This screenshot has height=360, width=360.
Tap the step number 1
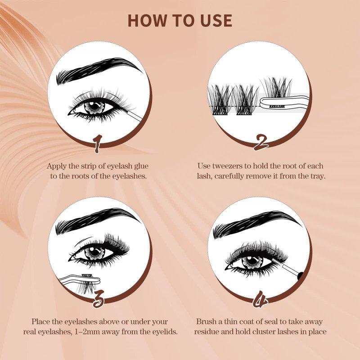pos(98,144)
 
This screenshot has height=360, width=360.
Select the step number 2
pos(261,143)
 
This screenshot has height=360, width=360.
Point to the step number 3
pos(99,299)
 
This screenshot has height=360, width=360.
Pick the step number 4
pos(260,299)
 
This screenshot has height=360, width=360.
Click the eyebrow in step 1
pos(99,70)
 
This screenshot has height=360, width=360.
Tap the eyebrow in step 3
pos(98,220)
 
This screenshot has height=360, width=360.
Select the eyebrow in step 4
pos(257,224)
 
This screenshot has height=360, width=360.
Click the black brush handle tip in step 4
pos(300,276)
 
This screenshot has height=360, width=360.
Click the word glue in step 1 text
pos(141,166)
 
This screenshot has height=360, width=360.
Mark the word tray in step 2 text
pos(317,176)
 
